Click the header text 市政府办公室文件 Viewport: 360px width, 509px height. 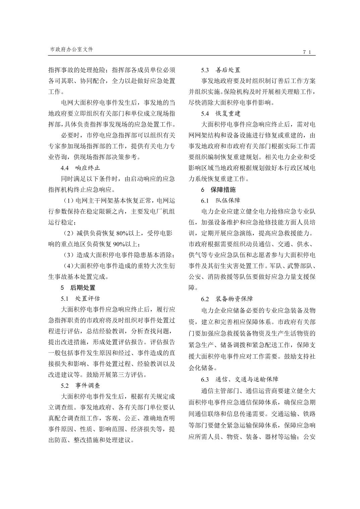pos(71,49)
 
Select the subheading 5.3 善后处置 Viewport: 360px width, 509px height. pos(221,70)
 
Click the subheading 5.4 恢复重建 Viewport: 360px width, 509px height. pos(221,114)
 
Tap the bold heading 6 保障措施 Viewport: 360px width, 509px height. pos(218,190)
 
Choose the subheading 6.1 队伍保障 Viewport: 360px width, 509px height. pos(221,201)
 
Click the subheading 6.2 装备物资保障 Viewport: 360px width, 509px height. pos(227,299)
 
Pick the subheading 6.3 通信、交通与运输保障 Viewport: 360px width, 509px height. pos(240,379)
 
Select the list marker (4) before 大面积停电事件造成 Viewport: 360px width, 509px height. pos(68,266)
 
